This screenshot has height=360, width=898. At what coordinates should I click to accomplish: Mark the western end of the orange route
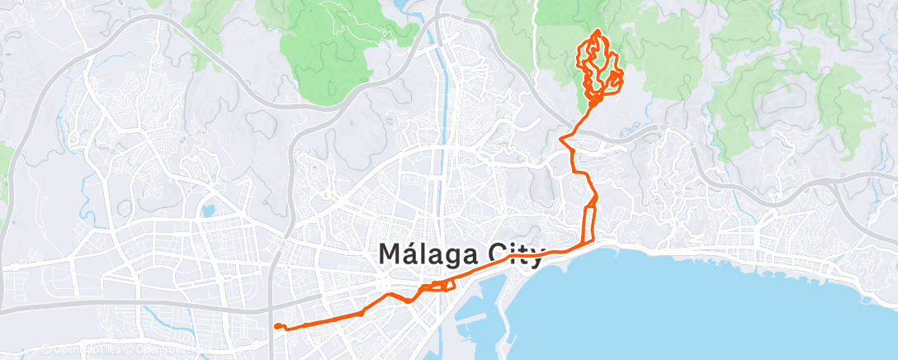click(x=276, y=326)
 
